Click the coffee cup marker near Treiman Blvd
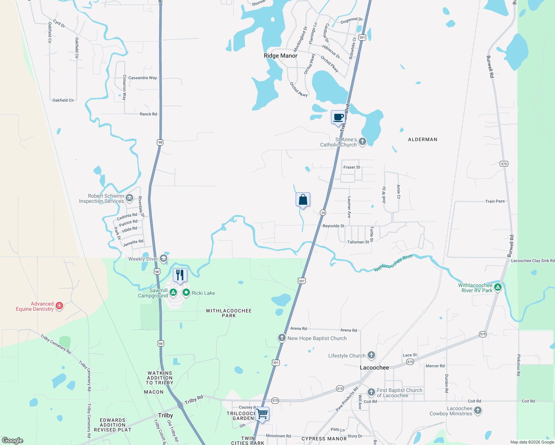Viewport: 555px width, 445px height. pos(338,118)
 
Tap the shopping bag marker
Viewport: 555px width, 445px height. pos(303,200)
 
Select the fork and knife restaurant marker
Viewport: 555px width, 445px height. pos(180,275)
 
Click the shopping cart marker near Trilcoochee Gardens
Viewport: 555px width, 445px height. pos(262,413)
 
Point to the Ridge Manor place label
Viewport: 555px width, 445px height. pos(280,56)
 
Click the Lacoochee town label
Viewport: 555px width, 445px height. pos(374,367)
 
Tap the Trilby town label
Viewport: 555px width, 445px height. pos(165,415)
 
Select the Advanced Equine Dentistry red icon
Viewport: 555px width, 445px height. pos(59,306)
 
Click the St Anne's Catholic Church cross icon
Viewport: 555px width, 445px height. pos(362,142)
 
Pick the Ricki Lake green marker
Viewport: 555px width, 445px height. pos(186,293)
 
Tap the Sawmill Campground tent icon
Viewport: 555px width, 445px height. pos(173,293)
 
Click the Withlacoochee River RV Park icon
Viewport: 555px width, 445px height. pos(498,287)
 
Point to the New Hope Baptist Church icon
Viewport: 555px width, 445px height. pos(282,338)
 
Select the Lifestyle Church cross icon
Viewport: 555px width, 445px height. pos(371,355)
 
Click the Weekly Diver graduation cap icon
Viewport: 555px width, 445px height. pos(164,258)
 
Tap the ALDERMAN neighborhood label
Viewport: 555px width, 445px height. pos(423,139)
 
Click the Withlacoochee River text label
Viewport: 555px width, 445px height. pos(394,263)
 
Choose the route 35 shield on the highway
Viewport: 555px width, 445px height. pos(323,212)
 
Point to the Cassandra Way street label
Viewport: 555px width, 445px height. pos(142,78)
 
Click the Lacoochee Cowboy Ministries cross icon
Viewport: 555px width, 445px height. pos(478,411)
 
